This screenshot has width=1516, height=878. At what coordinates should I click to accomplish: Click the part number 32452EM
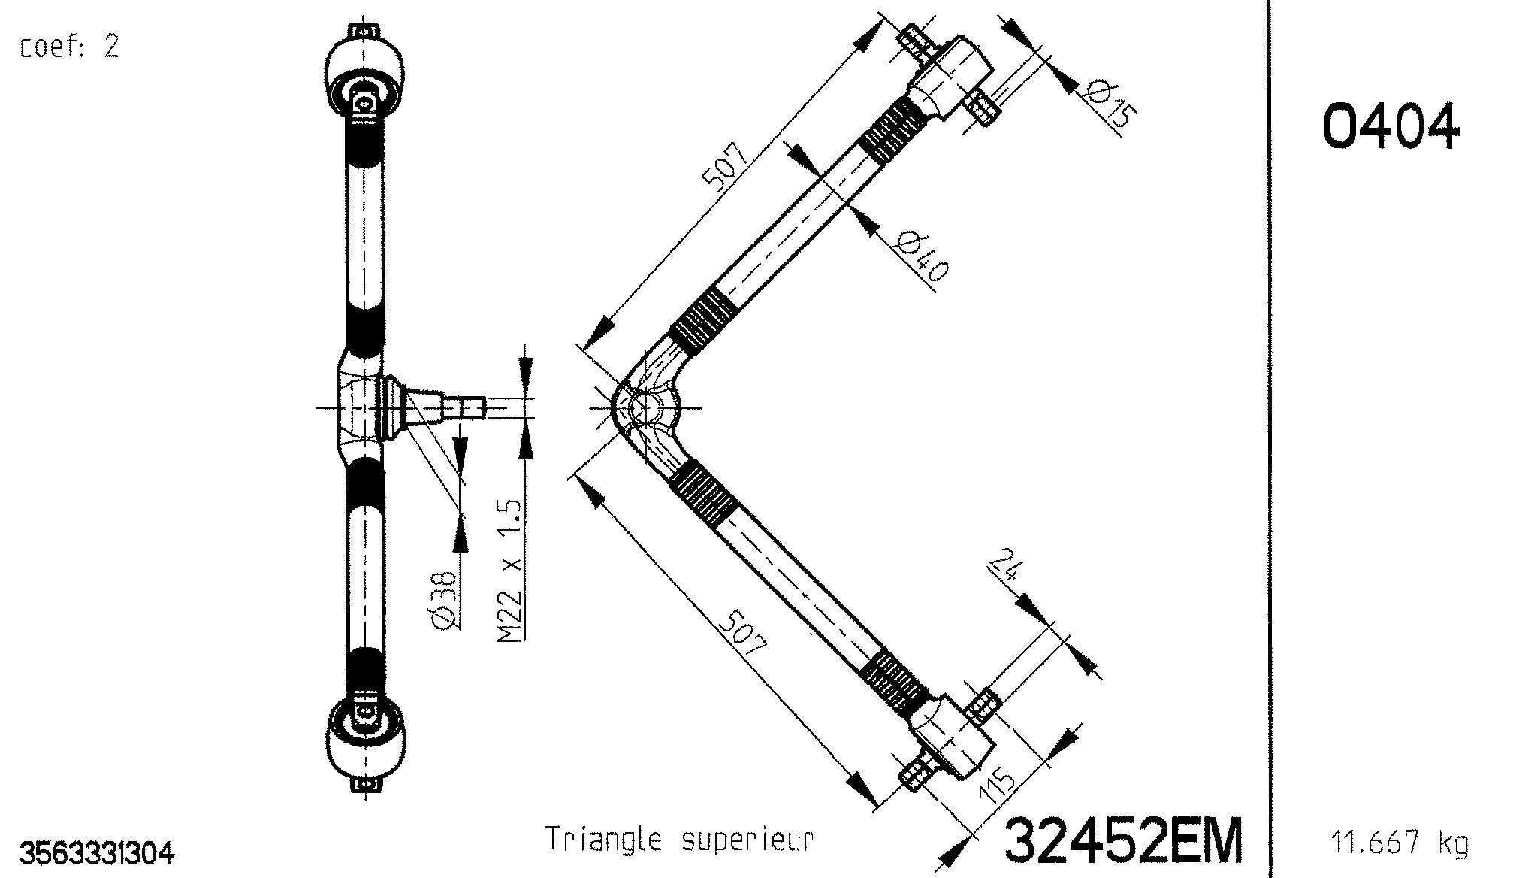1123,840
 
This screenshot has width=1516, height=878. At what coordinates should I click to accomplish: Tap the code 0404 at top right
1391,126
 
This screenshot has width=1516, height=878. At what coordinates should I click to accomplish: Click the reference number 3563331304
97,854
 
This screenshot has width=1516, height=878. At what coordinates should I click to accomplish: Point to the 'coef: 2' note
69,47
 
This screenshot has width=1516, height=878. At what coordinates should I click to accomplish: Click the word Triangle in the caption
603,839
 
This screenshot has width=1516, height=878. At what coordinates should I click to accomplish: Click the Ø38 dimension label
443,598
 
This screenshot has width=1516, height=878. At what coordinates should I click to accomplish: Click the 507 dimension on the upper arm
724,165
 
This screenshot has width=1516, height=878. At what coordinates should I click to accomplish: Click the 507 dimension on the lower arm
742,633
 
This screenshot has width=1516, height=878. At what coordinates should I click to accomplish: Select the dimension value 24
1004,565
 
